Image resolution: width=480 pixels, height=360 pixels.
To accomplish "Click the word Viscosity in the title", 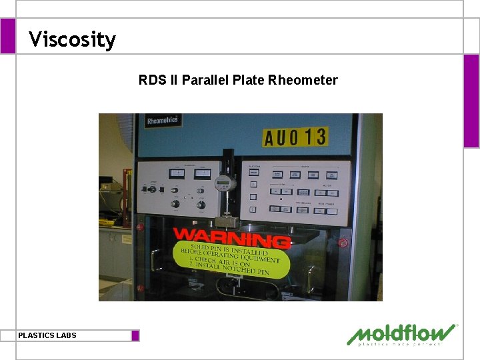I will click(72, 39).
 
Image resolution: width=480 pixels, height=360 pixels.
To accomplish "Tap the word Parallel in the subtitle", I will click(210, 81).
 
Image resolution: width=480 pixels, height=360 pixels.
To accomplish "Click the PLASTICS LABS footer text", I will click(47, 335).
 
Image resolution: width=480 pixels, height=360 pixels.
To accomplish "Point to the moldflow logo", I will click(402, 335).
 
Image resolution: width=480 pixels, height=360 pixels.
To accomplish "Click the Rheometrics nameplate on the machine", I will click(163, 121).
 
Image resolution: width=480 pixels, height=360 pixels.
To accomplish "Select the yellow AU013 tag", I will click(295, 137).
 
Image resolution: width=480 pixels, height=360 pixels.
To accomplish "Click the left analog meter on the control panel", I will click(177, 173).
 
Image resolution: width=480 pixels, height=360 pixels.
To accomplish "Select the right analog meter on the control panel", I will click(202, 173).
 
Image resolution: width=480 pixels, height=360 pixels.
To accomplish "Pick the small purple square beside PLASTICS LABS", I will click(135, 335).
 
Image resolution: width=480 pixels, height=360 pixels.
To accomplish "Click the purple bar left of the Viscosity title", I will click(7, 36).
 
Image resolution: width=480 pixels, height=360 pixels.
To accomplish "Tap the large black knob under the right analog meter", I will click(201, 205).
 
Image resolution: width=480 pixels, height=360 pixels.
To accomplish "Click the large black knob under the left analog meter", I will click(175, 204).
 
